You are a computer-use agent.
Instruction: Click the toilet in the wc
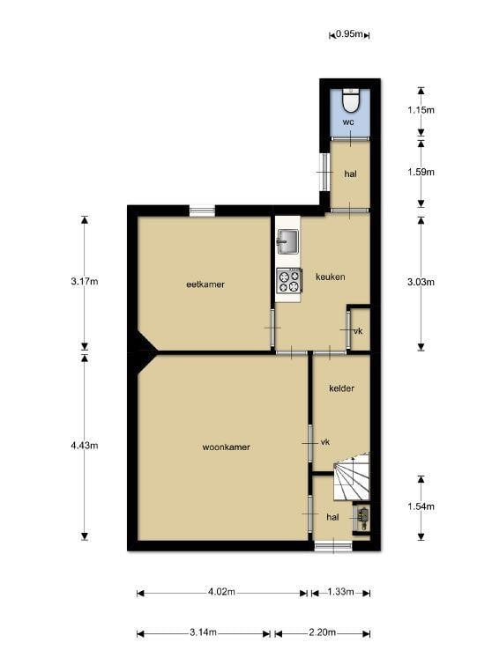[x=350, y=100]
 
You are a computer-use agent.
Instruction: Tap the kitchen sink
[x=287, y=241]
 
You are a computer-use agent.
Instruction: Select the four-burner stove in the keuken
[x=288, y=281]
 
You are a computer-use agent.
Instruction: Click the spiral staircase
[x=351, y=476]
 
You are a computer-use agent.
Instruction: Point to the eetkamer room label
[x=205, y=284]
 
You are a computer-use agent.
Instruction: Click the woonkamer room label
[x=226, y=447]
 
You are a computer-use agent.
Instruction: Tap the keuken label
[x=330, y=277]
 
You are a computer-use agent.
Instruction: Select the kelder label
[x=341, y=388]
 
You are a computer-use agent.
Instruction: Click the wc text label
[x=348, y=122]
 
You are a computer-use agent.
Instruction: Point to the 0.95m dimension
[x=349, y=34]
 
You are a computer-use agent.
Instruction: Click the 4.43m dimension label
[x=85, y=446]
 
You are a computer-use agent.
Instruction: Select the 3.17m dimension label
[x=85, y=282]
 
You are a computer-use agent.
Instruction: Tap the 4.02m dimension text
[x=221, y=592]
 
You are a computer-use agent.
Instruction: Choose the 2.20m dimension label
[x=322, y=632]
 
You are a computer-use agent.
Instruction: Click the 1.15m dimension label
[x=421, y=110]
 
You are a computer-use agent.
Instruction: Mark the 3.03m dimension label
[x=421, y=282]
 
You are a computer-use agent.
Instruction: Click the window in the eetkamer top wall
[x=202, y=211]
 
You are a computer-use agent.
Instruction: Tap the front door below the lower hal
[x=333, y=546]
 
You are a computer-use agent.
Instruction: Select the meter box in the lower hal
[x=362, y=518]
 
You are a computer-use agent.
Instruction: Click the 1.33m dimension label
[x=340, y=592]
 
